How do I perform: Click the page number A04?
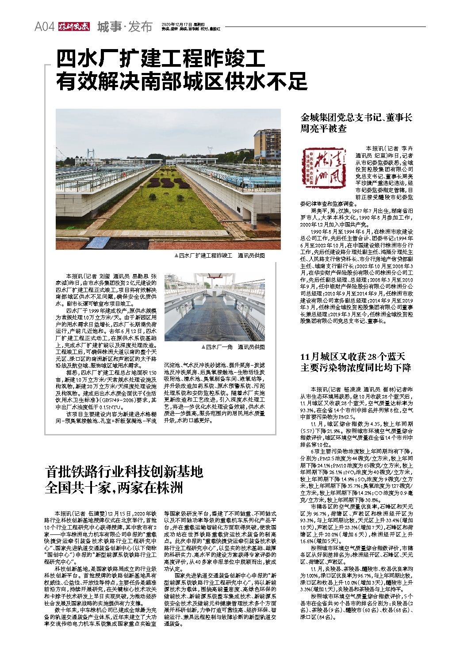[x=44, y=27]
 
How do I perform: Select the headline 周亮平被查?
[x=323, y=129]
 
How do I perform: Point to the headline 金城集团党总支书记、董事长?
[x=356, y=118]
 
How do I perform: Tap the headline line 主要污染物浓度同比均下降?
[x=356, y=368]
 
